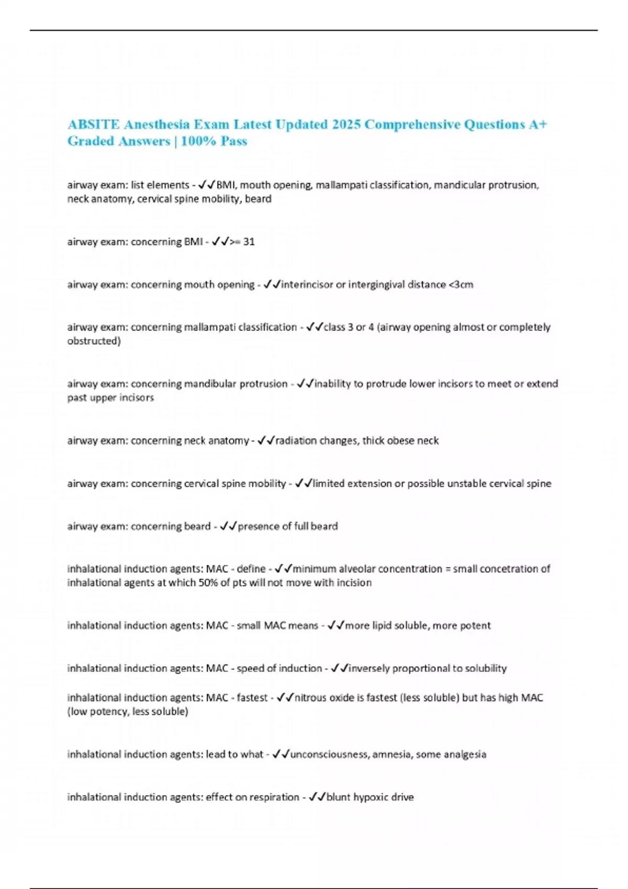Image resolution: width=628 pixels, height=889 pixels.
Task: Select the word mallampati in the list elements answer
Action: (341, 185)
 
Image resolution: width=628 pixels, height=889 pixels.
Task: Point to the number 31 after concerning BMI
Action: (249, 242)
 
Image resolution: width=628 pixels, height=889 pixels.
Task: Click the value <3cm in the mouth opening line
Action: (461, 284)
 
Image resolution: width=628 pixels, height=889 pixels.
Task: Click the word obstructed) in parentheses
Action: (94, 341)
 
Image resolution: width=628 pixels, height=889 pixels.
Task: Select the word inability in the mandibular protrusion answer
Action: (332, 384)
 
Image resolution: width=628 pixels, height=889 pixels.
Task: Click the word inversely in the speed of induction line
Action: (369, 668)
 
